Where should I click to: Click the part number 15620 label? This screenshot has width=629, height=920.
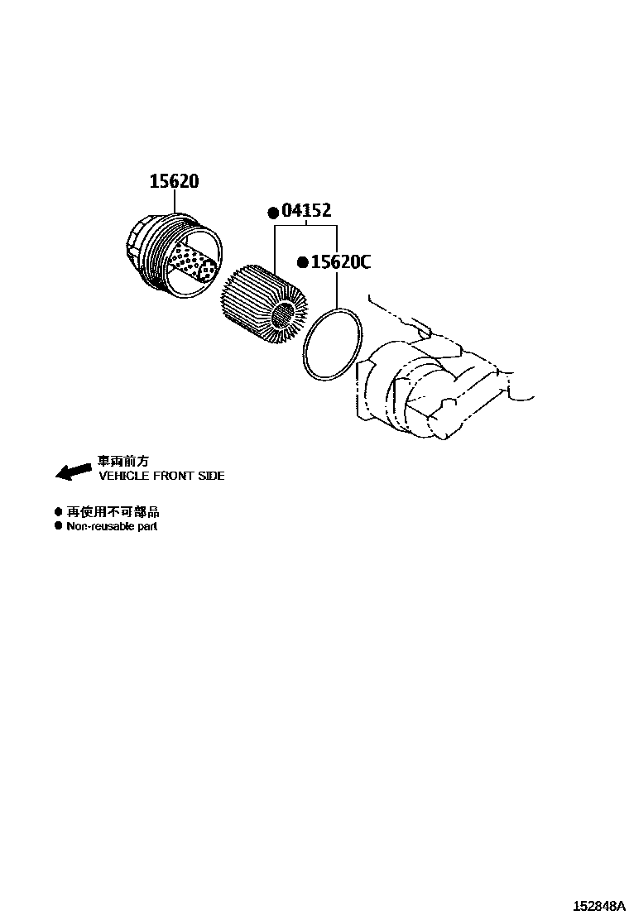[x=174, y=181]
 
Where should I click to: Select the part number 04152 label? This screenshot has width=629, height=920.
[x=306, y=212]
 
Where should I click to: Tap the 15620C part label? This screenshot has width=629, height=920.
[x=340, y=262]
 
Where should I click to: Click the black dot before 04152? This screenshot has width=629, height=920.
[x=272, y=213]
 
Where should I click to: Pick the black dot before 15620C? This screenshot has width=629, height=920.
[x=303, y=262]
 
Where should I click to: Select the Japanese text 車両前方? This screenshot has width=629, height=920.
[x=123, y=462]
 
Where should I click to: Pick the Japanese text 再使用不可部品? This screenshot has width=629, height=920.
[x=113, y=512]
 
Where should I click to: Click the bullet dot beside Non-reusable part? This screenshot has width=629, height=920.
[x=58, y=525]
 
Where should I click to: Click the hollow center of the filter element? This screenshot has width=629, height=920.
[x=284, y=314]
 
